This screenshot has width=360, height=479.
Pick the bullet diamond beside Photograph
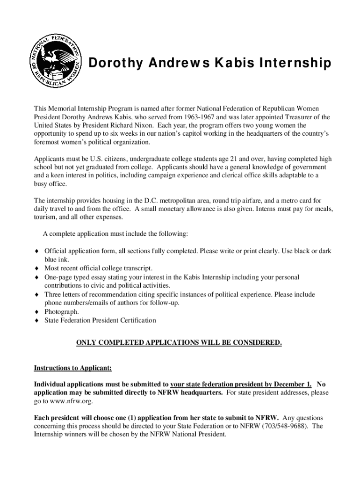coord(36,312)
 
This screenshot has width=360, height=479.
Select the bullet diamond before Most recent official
coord(36,269)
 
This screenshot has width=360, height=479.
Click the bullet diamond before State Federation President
coord(36,320)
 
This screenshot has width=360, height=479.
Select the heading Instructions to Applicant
coord(72,368)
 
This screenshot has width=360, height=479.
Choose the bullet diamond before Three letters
coord(36,295)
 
